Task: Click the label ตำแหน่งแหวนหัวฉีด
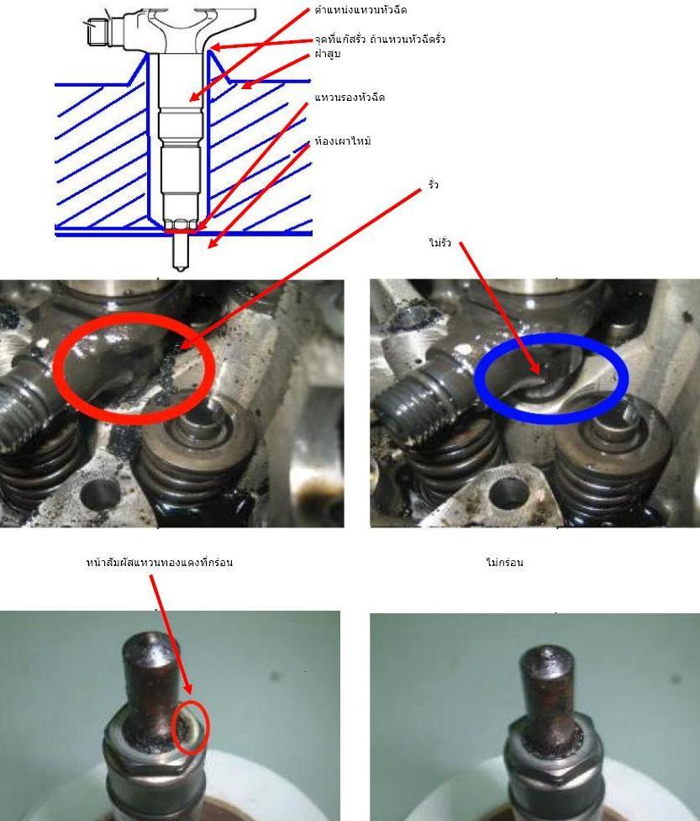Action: (x=361, y=9)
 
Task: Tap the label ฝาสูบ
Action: (x=328, y=53)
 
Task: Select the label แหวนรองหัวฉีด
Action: (x=350, y=98)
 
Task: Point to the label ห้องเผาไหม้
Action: (x=343, y=140)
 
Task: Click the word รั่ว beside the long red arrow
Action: (x=433, y=184)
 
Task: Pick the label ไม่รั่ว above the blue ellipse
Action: (x=439, y=242)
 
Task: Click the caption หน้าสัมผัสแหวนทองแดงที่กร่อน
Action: (x=159, y=563)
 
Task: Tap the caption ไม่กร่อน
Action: (x=504, y=563)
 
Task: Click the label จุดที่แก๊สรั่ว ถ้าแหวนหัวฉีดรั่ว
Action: (x=380, y=40)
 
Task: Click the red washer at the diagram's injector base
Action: (x=181, y=230)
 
